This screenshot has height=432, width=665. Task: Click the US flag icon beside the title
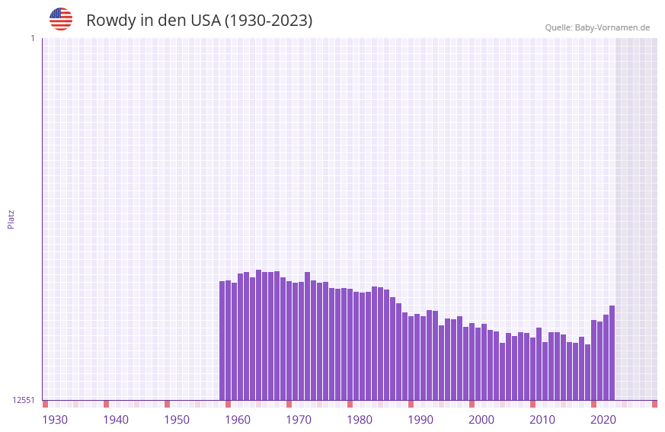pos(61,19)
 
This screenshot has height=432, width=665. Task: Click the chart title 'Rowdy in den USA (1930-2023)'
pos(199,21)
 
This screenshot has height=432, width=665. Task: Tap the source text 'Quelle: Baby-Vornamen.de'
pos(597,27)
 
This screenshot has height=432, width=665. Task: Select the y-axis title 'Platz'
pos(11,219)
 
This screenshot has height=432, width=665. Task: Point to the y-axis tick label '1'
pos(32,38)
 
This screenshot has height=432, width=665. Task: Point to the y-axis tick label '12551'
pos(23,400)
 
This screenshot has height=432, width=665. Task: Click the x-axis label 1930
pos(55,420)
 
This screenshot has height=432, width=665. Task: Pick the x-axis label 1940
pos(116,420)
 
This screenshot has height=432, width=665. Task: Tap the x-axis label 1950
pos(177,420)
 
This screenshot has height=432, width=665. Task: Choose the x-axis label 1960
pos(238,420)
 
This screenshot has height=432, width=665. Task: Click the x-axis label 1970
pos(299,420)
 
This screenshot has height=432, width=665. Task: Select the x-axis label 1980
pos(360,420)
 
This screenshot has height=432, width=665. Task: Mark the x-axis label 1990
pos(420,420)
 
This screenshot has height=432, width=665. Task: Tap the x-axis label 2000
pos(481,420)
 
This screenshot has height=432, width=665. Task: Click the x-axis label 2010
pos(542,420)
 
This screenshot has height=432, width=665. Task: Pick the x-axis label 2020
pos(603,420)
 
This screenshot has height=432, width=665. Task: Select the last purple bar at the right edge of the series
pos(612,353)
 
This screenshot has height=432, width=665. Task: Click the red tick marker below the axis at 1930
pos(45,404)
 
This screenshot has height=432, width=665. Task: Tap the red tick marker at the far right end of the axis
pos(654,404)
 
